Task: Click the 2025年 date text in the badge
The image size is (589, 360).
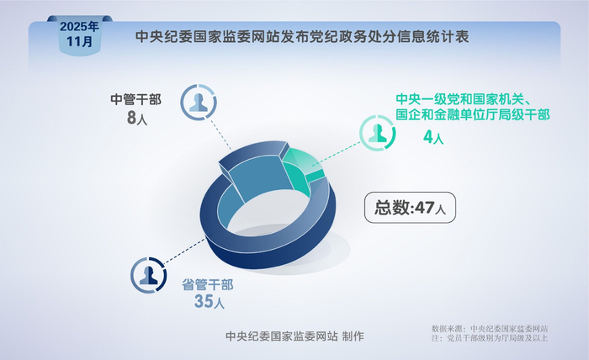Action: pos(79,26)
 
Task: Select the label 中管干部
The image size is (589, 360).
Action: pos(136,99)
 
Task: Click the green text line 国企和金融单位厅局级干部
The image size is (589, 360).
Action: pos(473,116)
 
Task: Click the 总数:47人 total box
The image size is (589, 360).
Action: pos(410,206)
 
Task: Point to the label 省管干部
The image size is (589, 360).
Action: pos(209,283)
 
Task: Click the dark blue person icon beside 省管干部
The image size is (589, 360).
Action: pos(149,274)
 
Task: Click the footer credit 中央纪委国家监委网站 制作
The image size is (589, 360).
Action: pos(295,336)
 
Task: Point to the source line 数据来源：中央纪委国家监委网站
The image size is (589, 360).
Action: pos(490,328)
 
